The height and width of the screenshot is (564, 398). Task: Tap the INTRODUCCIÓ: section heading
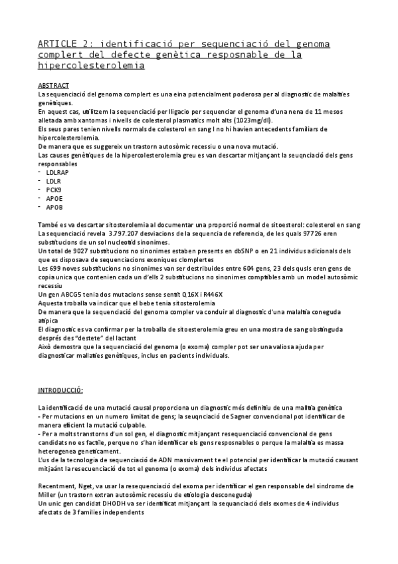61,390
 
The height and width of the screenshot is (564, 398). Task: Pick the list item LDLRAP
58,172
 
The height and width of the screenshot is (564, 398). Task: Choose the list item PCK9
54,189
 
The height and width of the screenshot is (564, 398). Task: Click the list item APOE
54,198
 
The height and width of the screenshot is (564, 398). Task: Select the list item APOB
54,206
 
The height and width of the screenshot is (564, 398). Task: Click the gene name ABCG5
68,294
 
